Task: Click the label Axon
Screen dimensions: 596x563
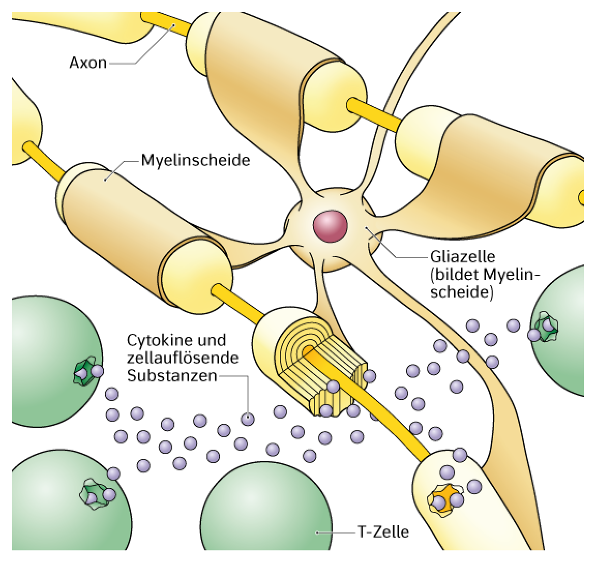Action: (88, 63)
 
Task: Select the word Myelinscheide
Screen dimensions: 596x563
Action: (196, 160)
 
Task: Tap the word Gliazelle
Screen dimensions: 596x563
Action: (463, 257)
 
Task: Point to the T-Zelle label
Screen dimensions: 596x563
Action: (383, 532)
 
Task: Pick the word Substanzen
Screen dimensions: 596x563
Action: (172, 376)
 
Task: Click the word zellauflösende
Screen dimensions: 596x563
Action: (183, 358)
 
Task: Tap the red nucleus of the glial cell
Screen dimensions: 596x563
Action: (330, 225)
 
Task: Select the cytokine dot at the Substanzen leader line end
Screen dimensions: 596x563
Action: (248, 419)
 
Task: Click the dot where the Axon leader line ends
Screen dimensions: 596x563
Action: (174, 25)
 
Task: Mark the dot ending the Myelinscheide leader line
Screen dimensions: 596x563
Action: (106, 180)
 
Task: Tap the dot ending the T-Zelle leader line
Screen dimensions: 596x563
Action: (317, 532)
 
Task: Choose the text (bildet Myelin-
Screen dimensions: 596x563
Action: (485, 275)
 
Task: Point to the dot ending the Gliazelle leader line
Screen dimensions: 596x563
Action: (367, 228)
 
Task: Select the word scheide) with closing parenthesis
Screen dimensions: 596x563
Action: (461, 292)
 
